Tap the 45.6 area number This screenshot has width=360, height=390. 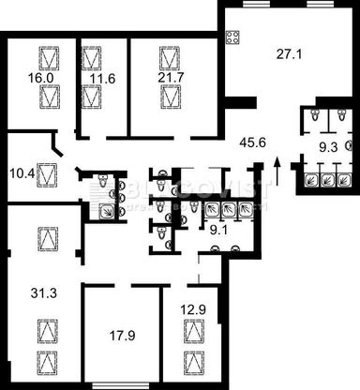coord(251,142)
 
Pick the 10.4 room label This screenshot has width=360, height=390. coord(20,172)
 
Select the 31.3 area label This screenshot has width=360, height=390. coord(33,294)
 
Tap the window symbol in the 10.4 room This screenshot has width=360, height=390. coord(48,173)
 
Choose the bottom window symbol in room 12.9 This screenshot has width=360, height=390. coord(193,361)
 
